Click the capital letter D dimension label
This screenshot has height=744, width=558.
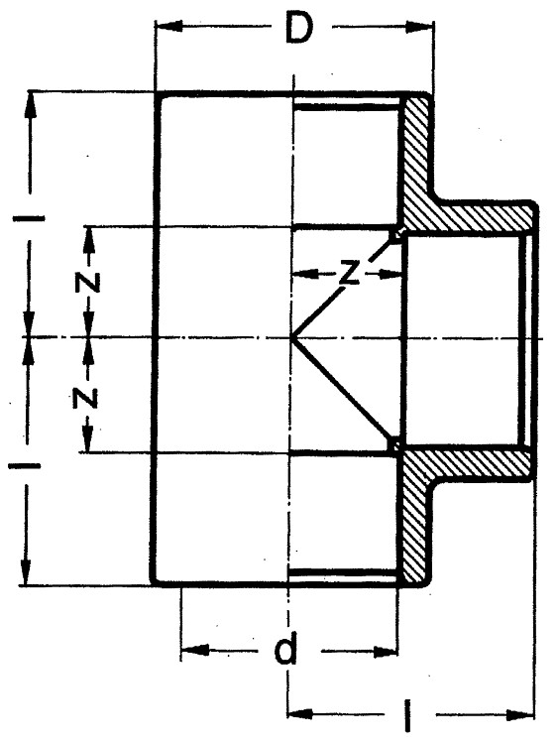click(299, 28)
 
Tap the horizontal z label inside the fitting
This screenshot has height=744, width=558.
click(350, 274)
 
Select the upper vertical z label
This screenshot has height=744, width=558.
click(87, 283)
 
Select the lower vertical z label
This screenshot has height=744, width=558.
click(86, 398)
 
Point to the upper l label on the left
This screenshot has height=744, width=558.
click(30, 218)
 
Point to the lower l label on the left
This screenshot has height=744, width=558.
click(25, 466)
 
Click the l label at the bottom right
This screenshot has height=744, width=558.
click(407, 713)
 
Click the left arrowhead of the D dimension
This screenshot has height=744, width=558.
click(167, 27)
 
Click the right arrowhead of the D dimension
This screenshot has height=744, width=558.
click(420, 28)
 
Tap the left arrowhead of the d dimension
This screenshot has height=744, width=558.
click(194, 650)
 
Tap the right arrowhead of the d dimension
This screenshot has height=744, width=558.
click(385, 652)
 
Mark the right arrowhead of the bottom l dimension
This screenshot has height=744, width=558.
click(520, 714)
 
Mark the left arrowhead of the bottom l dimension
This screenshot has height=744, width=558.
click(300, 713)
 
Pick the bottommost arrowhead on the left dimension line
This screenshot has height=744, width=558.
click(25, 572)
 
